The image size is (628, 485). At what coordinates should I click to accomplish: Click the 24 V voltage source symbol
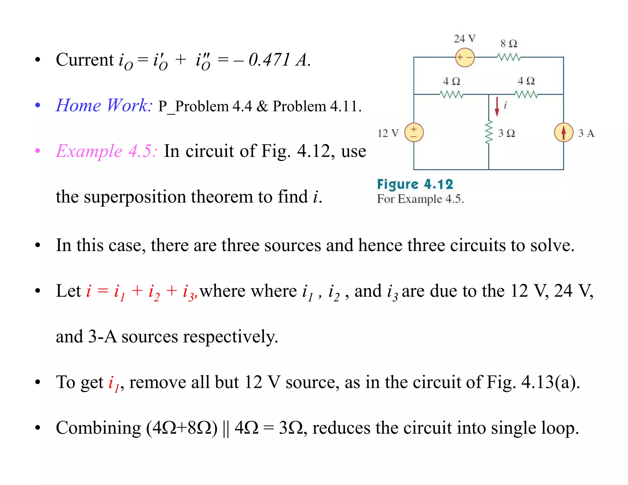pyautogui.click(x=465, y=57)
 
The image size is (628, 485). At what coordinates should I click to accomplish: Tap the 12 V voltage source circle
pyautogui.click(x=414, y=132)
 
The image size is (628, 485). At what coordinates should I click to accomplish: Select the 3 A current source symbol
pyautogui.click(x=563, y=132)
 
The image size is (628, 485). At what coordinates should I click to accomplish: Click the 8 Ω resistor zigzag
pyautogui.click(x=509, y=57)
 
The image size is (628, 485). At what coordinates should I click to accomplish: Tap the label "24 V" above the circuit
pyautogui.click(x=465, y=39)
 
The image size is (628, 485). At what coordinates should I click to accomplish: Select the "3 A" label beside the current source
pyautogui.click(x=586, y=133)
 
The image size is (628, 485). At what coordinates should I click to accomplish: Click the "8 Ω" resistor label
pyautogui.click(x=509, y=44)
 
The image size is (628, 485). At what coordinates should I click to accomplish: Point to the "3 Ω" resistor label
pyautogui.click(x=506, y=133)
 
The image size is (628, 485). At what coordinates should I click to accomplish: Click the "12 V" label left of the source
pyautogui.click(x=388, y=133)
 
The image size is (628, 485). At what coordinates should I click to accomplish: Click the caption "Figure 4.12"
pyautogui.click(x=415, y=185)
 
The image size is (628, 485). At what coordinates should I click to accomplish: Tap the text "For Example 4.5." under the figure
pyautogui.click(x=420, y=199)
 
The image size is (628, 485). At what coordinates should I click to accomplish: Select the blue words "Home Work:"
pyautogui.click(x=104, y=105)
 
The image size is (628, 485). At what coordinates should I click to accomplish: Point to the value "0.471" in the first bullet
pyautogui.click(x=269, y=59)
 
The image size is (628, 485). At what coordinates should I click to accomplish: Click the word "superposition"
pyautogui.click(x=135, y=197)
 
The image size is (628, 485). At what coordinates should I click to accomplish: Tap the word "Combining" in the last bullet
pyautogui.click(x=98, y=428)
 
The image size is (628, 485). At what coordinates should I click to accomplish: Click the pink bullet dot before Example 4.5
pyautogui.click(x=38, y=151)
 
